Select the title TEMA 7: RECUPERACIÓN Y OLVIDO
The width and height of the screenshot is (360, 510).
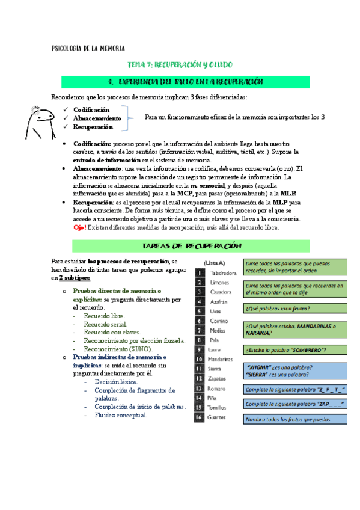click(x=180, y=64)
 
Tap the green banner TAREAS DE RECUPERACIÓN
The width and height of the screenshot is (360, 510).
click(x=191, y=247)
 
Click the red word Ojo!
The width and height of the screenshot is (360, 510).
click(x=80, y=227)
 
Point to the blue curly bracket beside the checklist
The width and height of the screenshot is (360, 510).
click(x=129, y=118)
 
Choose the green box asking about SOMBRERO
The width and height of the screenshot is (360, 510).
click(x=294, y=349)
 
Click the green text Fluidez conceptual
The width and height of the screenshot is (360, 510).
click(x=121, y=415)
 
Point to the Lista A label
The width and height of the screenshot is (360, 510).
click(x=215, y=263)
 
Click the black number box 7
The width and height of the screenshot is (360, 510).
click(x=199, y=330)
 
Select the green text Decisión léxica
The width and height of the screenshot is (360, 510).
click(x=116, y=381)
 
